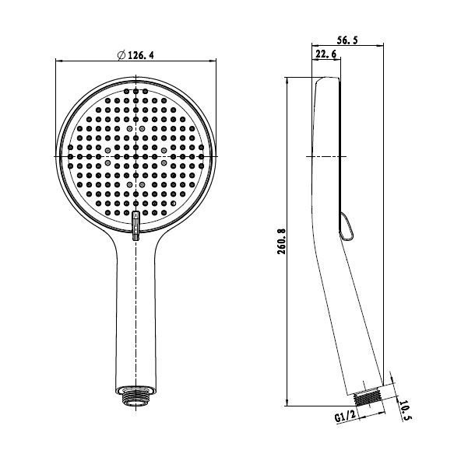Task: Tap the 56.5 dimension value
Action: coord(347,40)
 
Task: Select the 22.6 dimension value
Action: coord(326,54)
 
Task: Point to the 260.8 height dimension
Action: coord(281,241)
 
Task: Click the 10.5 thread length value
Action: coord(405,410)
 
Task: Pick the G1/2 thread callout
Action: coord(346,416)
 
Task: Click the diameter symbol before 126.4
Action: coord(121,55)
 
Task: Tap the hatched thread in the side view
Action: coord(367,396)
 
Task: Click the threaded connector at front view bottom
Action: coord(135,397)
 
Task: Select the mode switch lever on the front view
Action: coord(135,225)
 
